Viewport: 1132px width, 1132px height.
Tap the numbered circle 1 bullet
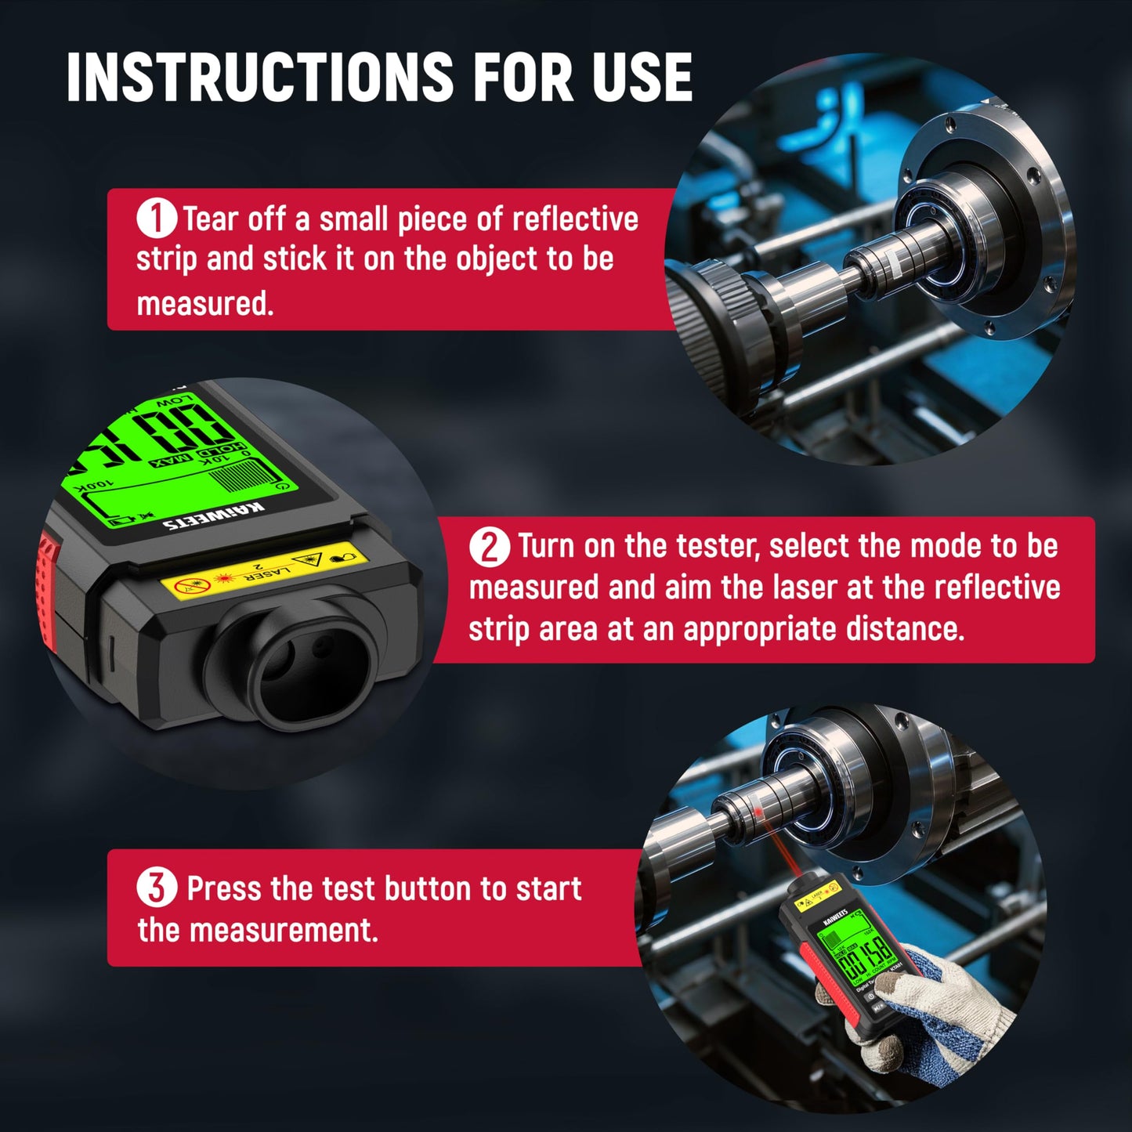[x=156, y=219]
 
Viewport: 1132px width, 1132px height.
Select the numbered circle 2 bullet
[x=490, y=546]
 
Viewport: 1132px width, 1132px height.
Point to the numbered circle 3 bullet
[x=157, y=888]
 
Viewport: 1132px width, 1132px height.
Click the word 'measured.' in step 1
[x=205, y=304]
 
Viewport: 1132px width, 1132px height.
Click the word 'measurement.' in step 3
[x=284, y=931]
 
